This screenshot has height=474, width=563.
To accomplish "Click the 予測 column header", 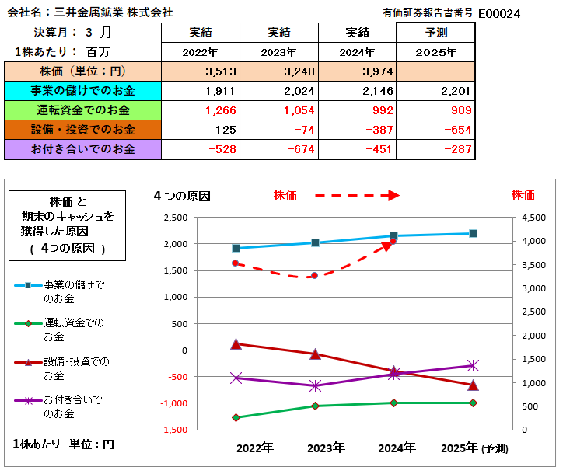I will [435, 33].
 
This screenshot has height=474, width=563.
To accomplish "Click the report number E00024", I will [499, 13].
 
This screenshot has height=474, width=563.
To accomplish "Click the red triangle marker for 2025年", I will [473, 385].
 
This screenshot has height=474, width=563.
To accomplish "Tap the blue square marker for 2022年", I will [236, 249].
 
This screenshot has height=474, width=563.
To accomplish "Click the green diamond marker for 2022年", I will [236, 417].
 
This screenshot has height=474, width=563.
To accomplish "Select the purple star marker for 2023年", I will [314, 385].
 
